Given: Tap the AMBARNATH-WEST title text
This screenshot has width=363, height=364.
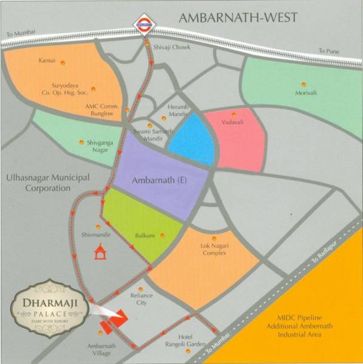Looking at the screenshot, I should [x=238, y=17].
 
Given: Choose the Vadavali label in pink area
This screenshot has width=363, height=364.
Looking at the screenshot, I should [x=234, y=121].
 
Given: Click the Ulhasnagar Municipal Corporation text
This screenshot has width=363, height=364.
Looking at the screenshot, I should [x=48, y=182].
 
